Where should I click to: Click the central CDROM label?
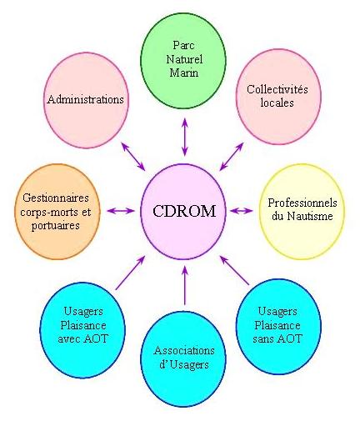(x=184, y=211)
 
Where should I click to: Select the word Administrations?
(x=85, y=99)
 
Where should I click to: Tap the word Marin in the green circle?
(x=184, y=73)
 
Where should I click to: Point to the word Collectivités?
(x=277, y=89)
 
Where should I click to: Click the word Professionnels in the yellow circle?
(x=302, y=203)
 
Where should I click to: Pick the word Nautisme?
(x=310, y=216)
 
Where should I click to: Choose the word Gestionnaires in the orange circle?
(x=56, y=198)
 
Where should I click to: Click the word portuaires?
(x=56, y=225)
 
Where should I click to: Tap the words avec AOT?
(x=82, y=338)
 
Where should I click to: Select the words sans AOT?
(x=277, y=338)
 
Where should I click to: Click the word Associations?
(x=184, y=350)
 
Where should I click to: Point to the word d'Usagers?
(x=184, y=364)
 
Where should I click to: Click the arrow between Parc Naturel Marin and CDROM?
(x=185, y=137)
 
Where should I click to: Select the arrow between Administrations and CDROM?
(x=133, y=157)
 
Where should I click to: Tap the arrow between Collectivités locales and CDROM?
(x=232, y=157)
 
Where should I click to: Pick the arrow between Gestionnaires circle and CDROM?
(x=120, y=211)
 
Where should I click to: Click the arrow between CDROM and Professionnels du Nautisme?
(x=242, y=211)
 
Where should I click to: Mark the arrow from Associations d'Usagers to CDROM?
(x=185, y=285)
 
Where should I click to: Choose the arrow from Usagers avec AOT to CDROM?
(x=130, y=273)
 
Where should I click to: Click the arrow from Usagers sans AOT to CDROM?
(x=235, y=270)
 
